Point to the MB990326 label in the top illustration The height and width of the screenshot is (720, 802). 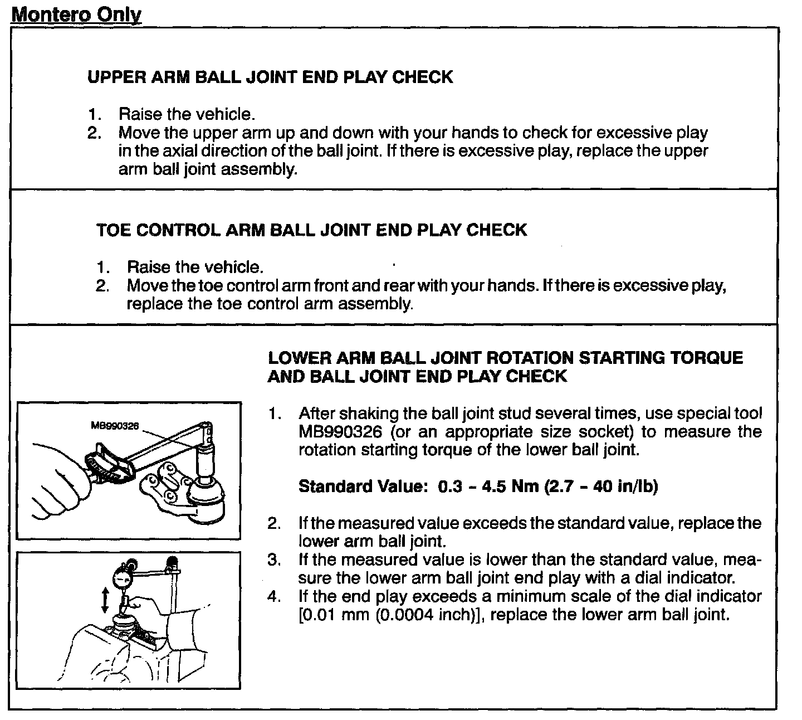pos(114,426)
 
